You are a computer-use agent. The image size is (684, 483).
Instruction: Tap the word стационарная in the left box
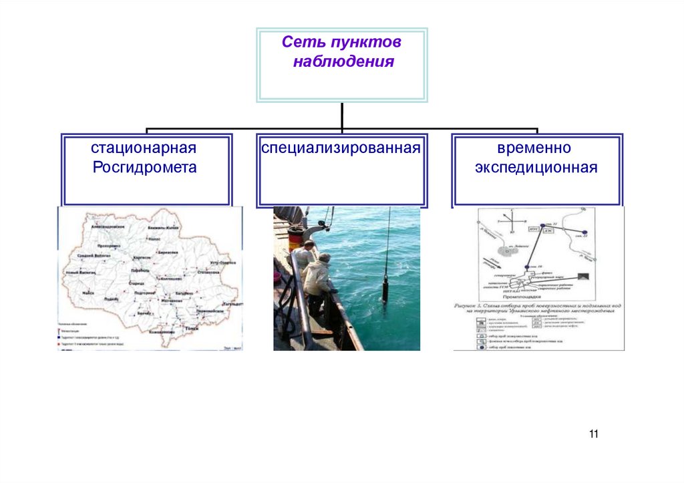(144, 147)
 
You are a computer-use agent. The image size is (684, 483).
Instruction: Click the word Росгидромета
(144, 167)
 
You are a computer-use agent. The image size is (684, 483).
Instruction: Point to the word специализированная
(341, 147)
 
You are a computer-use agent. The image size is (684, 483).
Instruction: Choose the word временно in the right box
(534, 147)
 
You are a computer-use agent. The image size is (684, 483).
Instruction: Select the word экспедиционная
(536, 167)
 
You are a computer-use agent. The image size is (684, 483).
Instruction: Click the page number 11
(594, 434)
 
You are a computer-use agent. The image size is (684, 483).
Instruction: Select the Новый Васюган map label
(80, 273)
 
